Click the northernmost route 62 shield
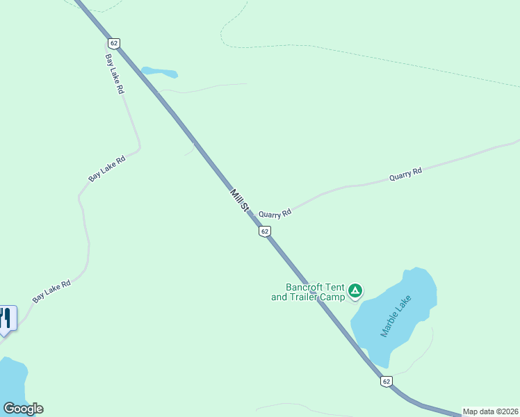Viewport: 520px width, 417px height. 115,43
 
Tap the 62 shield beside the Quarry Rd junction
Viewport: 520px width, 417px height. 264,231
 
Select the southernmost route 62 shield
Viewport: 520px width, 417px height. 387,381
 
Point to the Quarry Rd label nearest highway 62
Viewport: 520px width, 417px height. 275,214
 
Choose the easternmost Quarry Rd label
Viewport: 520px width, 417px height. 405,174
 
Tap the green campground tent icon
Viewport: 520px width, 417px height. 355,291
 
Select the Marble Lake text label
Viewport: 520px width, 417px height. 396,316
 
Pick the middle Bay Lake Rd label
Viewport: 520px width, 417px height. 106,169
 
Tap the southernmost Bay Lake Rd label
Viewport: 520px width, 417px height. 52,291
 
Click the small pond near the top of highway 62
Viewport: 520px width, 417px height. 159,72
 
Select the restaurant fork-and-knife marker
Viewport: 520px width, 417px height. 6,319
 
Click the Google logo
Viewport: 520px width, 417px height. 23,409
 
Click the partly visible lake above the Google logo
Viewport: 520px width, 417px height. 12,379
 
